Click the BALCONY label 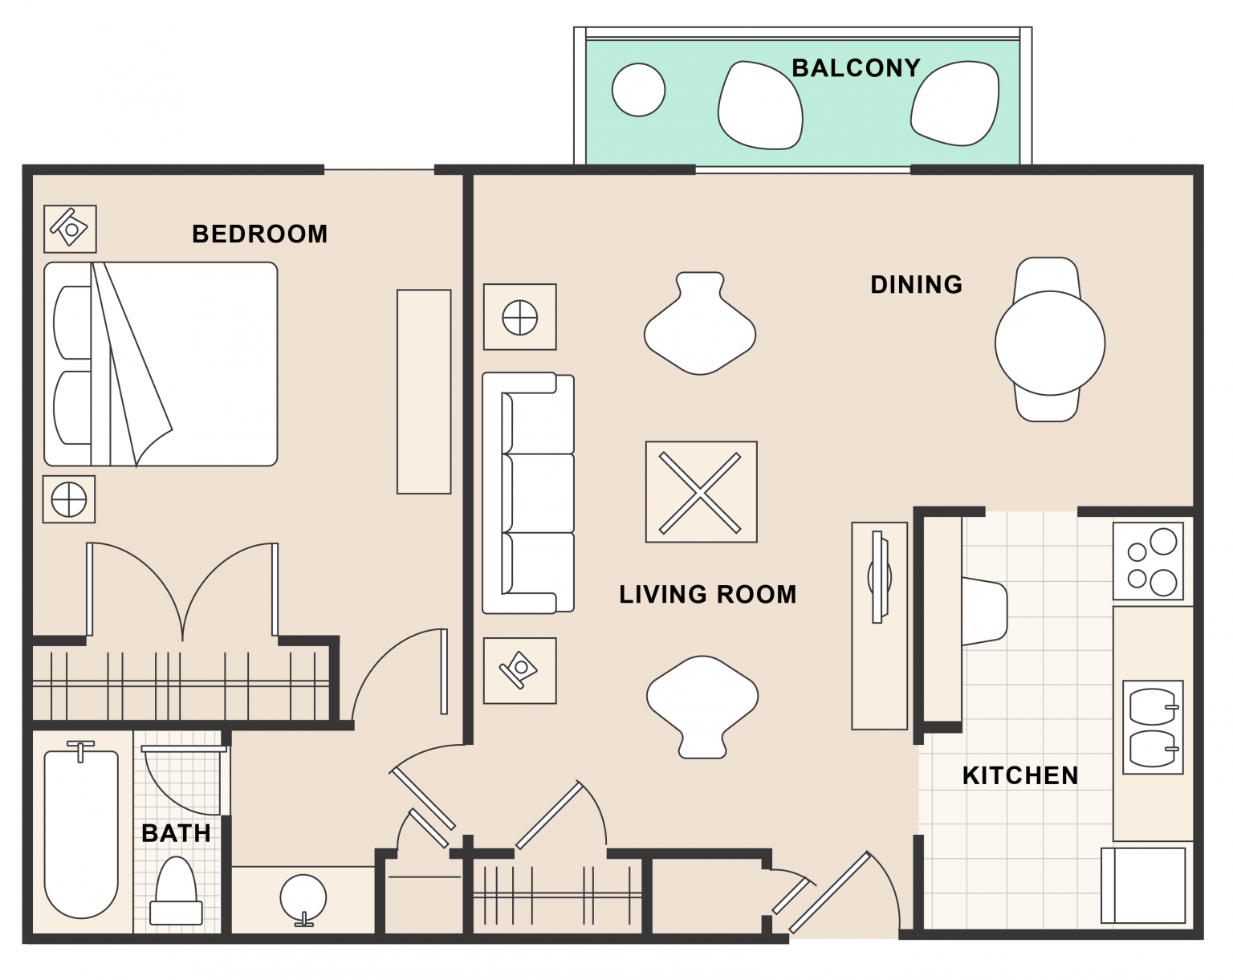click(856, 68)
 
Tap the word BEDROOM click(259, 234)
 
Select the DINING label click(916, 284)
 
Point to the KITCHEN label click(1019, 775)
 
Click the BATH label click(176, 833)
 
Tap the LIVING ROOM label click(707, 594)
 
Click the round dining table click(1050, 344)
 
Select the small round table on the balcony click(638, 90)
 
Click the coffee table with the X click(701, 492)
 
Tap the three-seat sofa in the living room click(527, 493)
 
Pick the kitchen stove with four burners click(1148, 561)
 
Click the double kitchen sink click(1153, 727)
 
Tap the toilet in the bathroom click(176, 891)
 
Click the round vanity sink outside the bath click(303, 898)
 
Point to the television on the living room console click(879, 576)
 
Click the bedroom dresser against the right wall click(424, 392)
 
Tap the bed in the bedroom click(161, 364)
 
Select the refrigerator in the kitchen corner click(1143, 885)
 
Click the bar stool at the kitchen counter click(984, 612)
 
